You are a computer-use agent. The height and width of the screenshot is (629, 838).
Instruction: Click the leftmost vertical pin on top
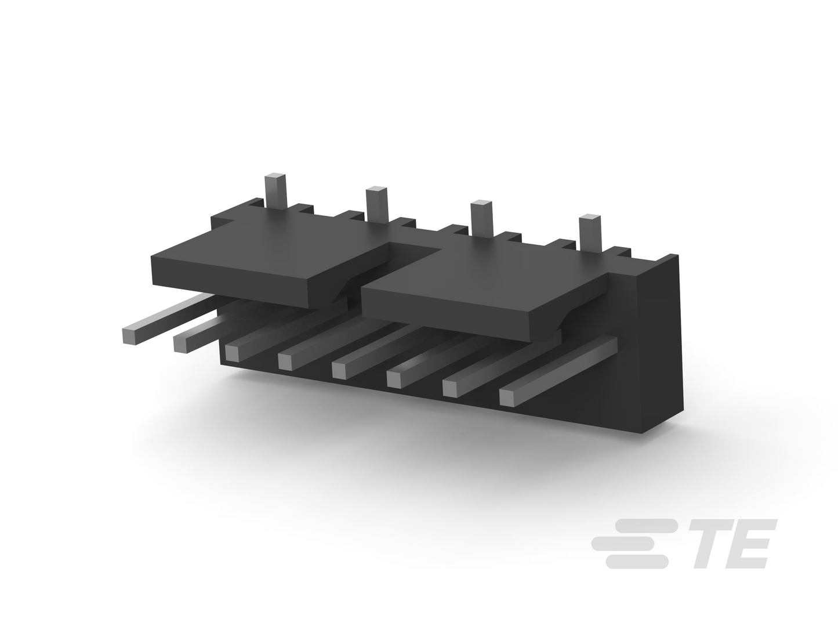[x=275, y=191]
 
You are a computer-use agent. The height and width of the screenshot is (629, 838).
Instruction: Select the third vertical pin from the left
[x=482, y=218]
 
